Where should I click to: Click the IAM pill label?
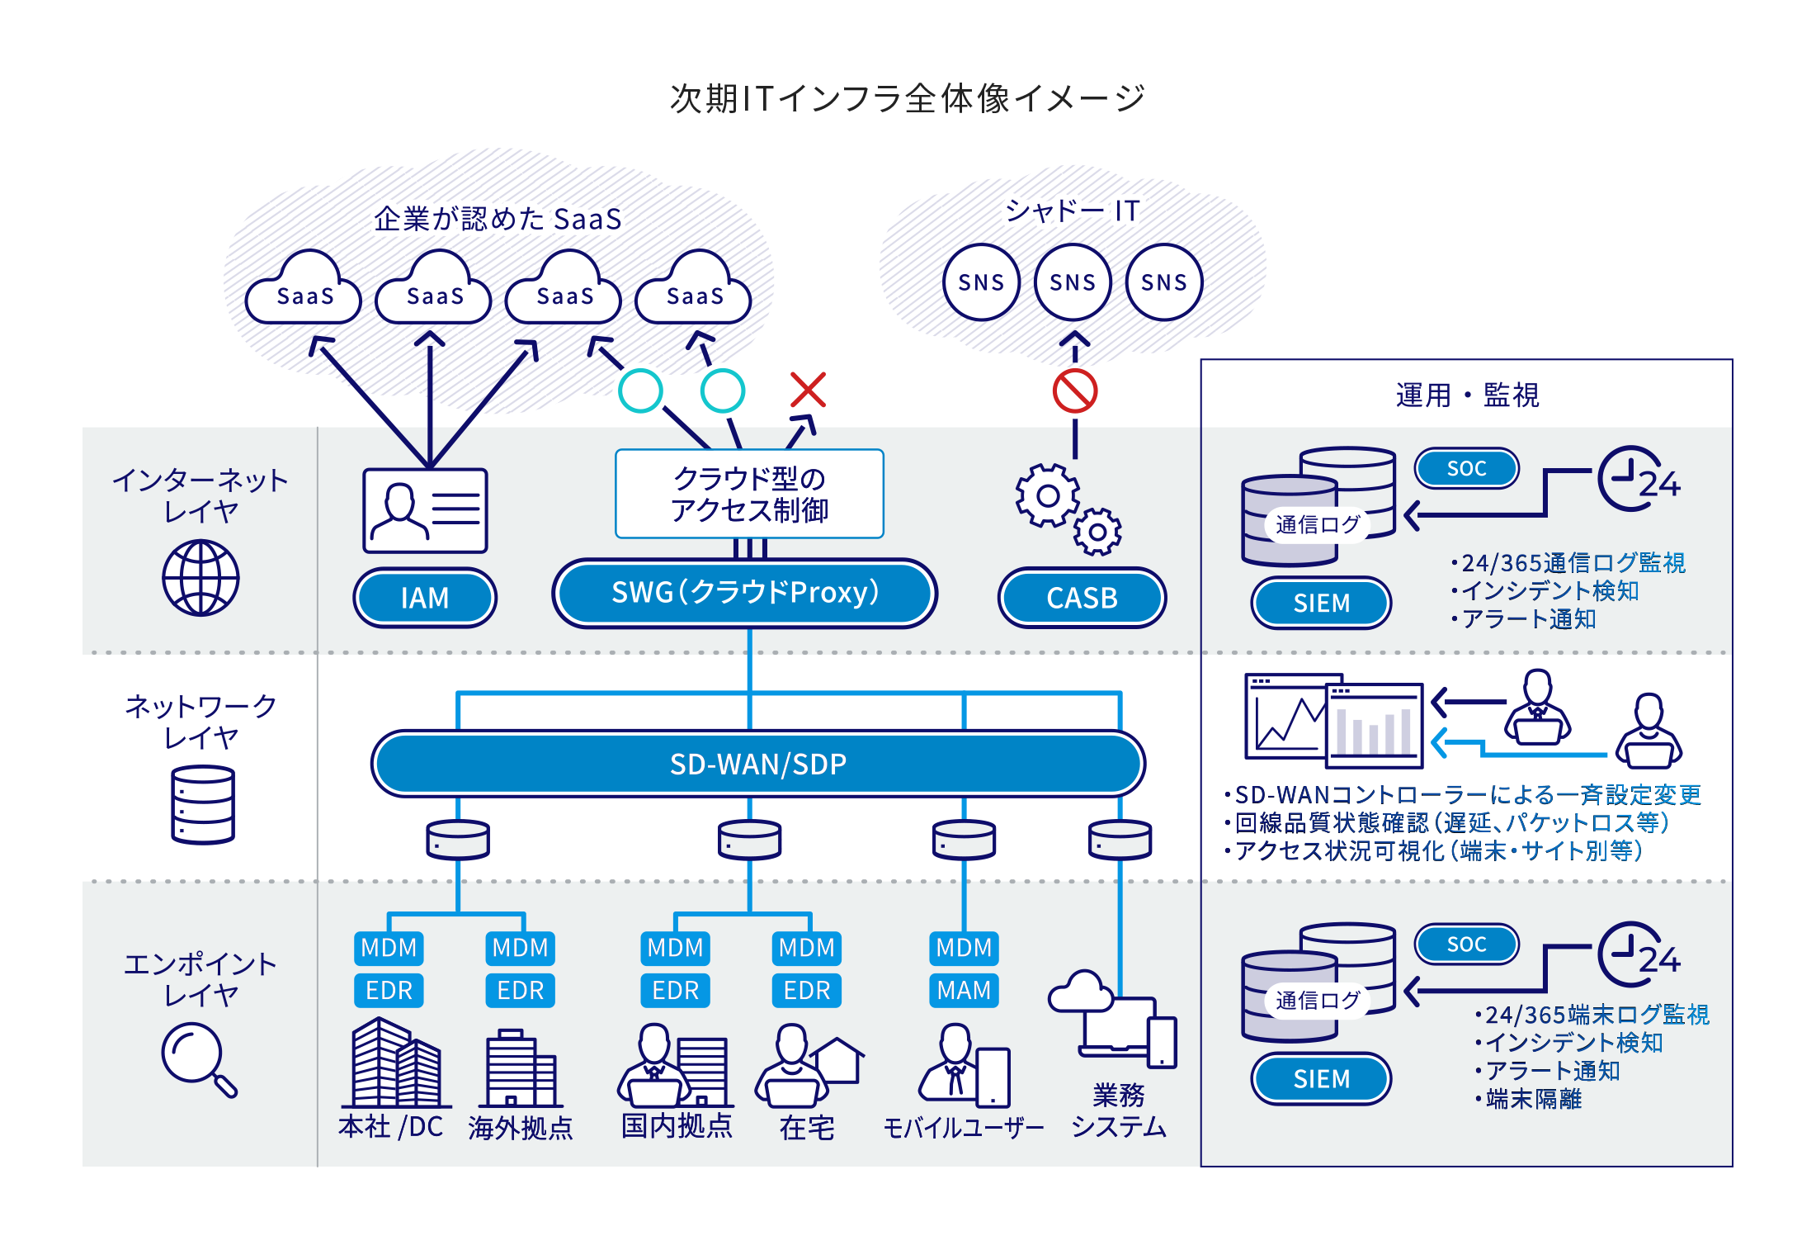tap(425, 598)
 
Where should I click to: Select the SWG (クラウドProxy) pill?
tap(745, 593)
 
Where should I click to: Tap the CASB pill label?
tap(1082, 598)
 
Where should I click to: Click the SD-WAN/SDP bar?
tap(757, 764)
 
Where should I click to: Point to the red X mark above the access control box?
tap(808, 390)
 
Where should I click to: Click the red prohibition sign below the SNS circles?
tap(1074, 391)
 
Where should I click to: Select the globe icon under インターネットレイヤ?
tap(200, 578)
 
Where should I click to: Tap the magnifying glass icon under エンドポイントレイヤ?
tap(198, 1058)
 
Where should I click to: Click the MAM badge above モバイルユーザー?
tap(964, 990)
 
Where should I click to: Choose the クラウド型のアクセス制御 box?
tap(749, 494)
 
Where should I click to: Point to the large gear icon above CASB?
tap(1047, 495)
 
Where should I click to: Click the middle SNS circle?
tap(1073, 282)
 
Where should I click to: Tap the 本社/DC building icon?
tap(394, 1065)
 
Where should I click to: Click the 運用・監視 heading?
tap(1466, 395)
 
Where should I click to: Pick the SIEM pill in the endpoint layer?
tap(1321, 1078)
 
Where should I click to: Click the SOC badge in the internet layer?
tap(1466, 468)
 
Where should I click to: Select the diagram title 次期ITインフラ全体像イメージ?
tap(908, 98)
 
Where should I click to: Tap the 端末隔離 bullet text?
tap(1533, 1099)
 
